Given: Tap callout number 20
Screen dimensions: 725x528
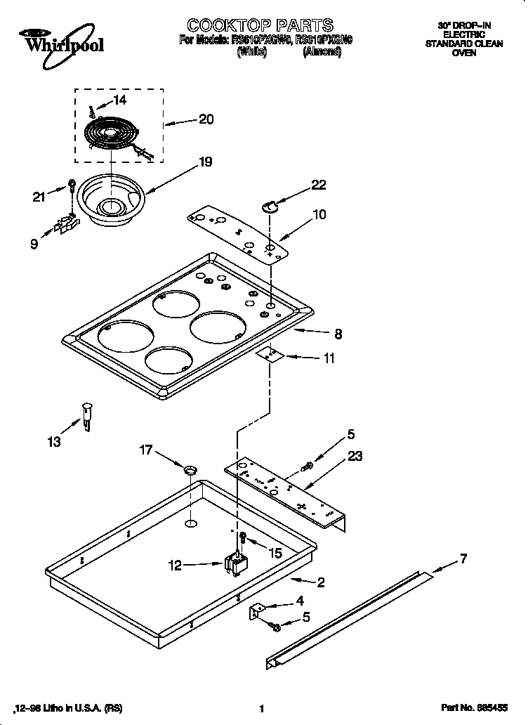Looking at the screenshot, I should tap(206, 119).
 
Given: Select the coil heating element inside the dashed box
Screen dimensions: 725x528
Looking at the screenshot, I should tap(112, 133).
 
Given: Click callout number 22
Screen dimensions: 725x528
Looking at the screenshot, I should tap(319, 185).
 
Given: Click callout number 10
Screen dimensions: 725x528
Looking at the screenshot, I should tap(319, 214).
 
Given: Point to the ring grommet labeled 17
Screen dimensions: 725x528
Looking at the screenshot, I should tap(189, 469).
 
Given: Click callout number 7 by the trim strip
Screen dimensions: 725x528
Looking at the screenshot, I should tap(463, 559).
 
